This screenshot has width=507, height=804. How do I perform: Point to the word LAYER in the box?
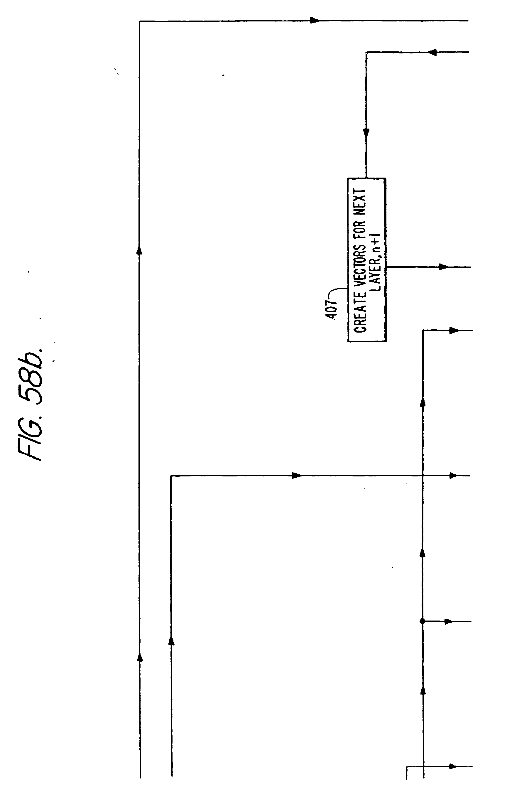(376, 277)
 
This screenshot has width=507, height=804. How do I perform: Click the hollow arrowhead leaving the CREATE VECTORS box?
(443, 267)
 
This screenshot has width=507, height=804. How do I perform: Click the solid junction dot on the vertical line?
(422, 621)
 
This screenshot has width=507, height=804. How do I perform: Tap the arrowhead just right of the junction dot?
(449, 621)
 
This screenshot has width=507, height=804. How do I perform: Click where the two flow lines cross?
(422, 476)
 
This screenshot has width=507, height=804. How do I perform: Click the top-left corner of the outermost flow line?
(140, 22)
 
